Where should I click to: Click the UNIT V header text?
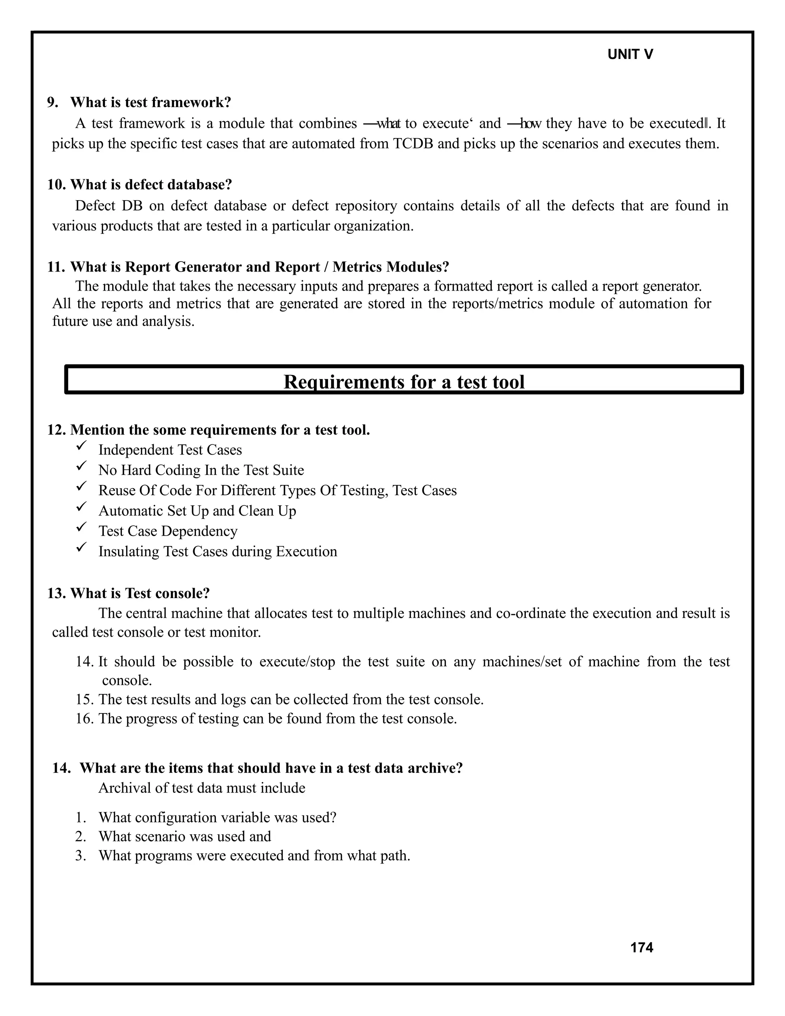coord(630,54)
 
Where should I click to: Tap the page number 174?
coord(641,948)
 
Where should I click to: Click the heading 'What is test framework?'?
coord(150,102)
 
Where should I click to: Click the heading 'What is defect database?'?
coord(151,185)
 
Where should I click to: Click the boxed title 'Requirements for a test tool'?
coord(404,382)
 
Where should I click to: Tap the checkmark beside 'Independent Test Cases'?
coord(81,447)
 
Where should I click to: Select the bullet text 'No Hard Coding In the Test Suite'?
coord(201,470)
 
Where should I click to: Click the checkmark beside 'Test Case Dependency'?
coord(81,528)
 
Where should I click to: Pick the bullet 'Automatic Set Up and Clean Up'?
coord(197,511)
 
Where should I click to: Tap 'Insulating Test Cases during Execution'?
coord(218,552)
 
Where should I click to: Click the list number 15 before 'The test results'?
coord(85,700)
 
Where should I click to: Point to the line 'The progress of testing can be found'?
coord(277,719)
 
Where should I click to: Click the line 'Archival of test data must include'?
coord(202,788)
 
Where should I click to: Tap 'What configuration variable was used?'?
coord(217,818)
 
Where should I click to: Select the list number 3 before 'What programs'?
coord(80,856)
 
